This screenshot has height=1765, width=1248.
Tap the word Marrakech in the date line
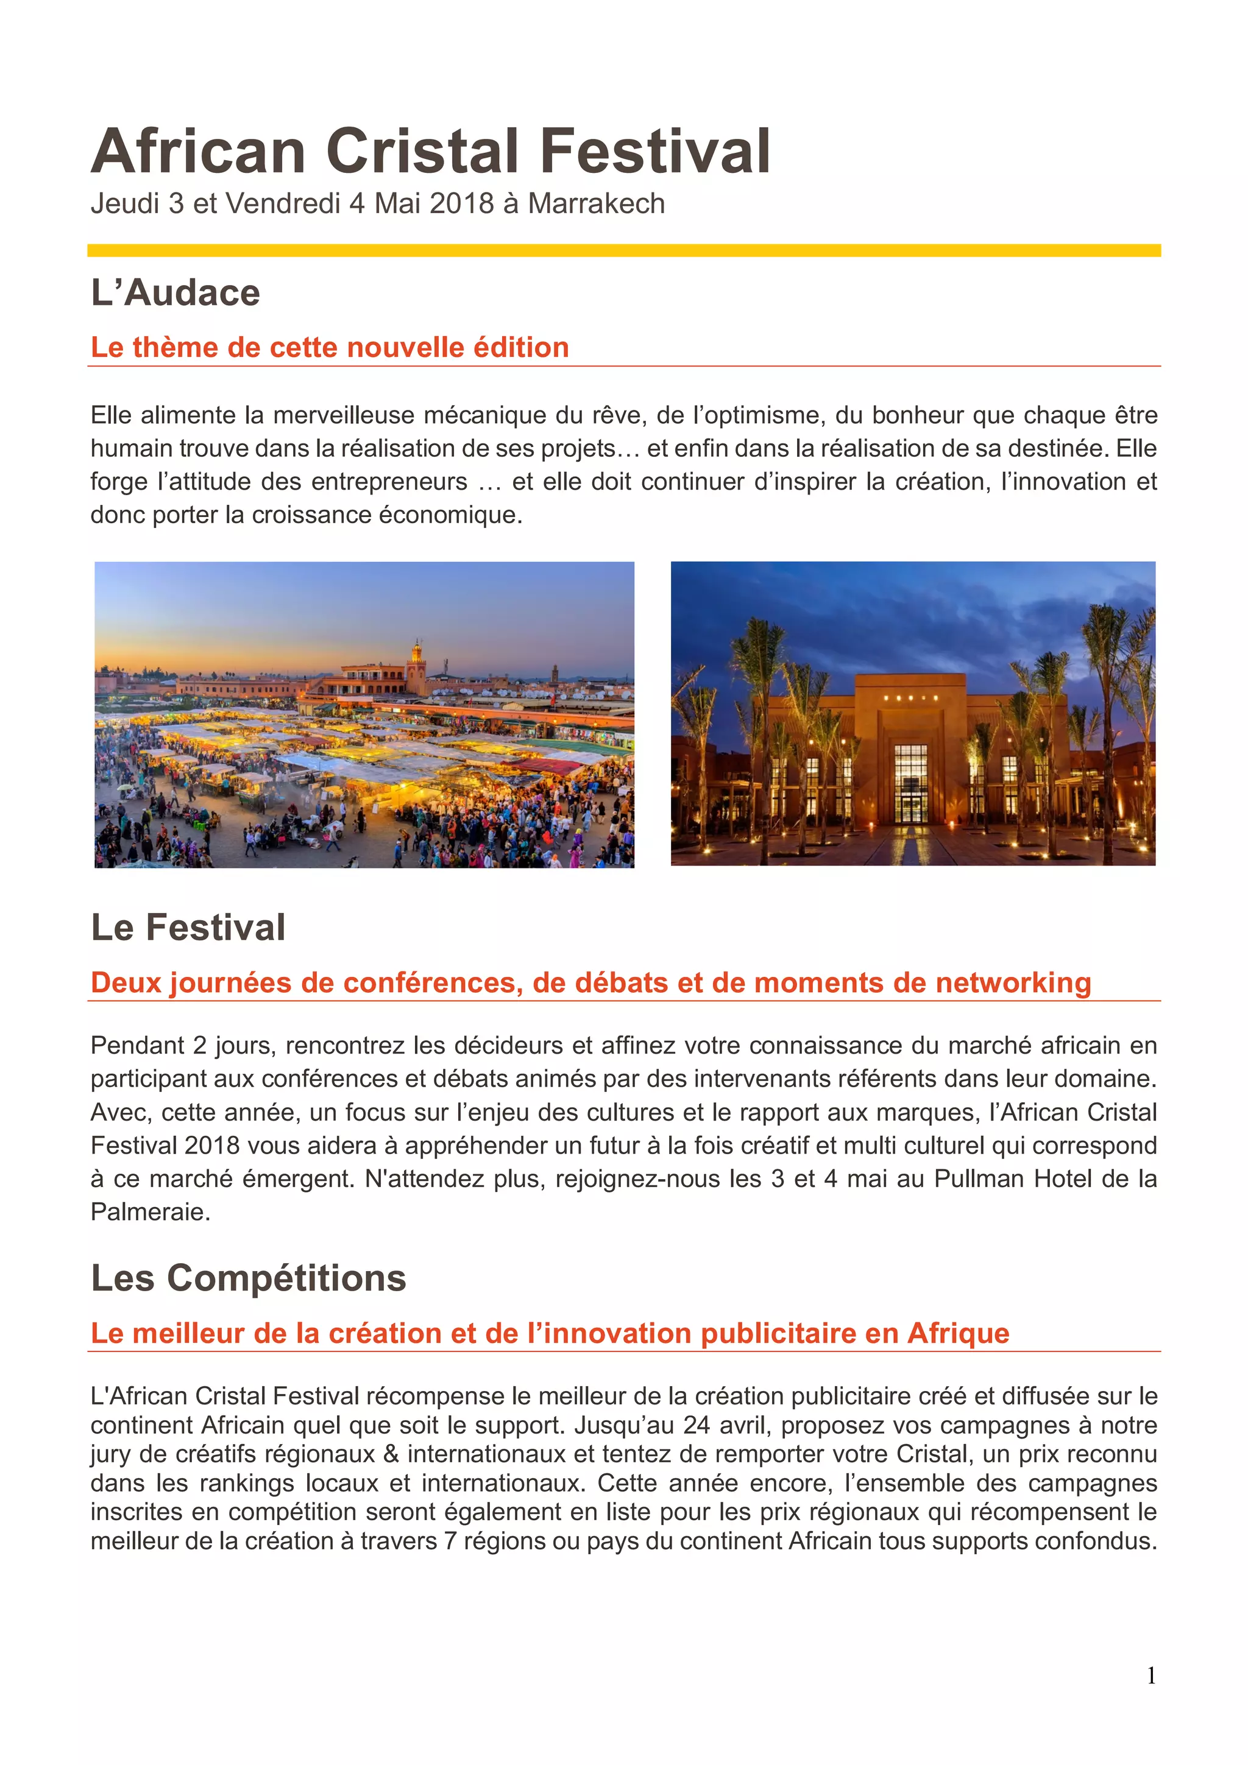point(596,203)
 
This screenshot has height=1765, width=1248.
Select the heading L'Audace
point(175,293)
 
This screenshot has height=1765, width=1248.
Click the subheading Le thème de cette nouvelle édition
point(329,348)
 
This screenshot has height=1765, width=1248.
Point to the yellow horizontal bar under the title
point(623,250)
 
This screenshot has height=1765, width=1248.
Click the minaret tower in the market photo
point(417,666)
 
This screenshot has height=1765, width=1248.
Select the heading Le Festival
point(188,927)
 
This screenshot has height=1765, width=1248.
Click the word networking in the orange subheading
point(1013,982)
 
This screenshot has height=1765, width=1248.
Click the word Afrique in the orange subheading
point(958,1333)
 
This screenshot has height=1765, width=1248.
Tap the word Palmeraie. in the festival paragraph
point(151,1212)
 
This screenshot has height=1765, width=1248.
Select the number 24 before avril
point(697,1425)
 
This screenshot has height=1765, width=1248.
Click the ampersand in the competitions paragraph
point(391,1454)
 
